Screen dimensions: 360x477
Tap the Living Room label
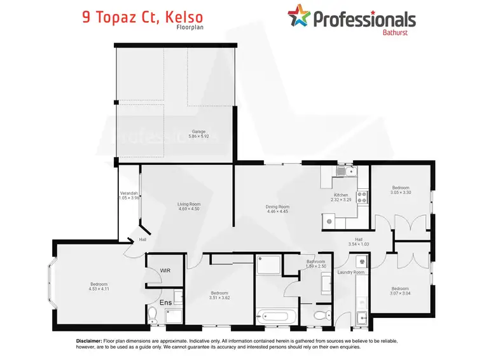point(189,204)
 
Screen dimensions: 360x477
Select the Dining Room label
point(277,207)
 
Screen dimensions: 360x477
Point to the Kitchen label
point(341,195)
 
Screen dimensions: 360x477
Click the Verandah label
point(129,193)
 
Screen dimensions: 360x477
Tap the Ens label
point(165,302)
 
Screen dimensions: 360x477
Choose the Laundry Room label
point(351,272)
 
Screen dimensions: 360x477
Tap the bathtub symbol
point(277,314)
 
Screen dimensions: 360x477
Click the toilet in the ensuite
point(153,314)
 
